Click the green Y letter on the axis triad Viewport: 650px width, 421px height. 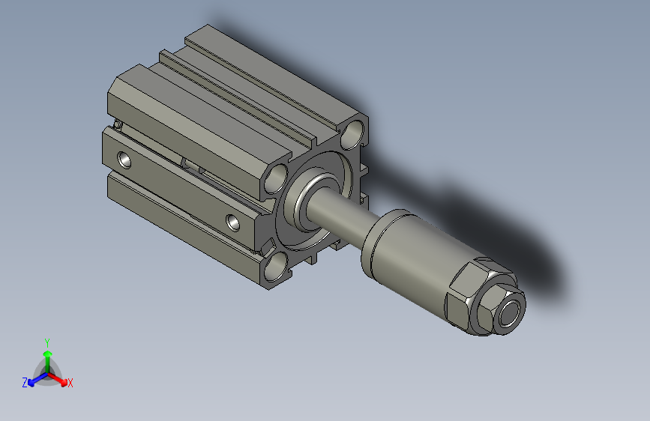[47, 342]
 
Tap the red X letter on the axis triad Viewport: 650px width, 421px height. [70, 383]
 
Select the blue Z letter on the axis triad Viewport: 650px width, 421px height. [25, 383]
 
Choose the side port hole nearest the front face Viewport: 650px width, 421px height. [235, 221]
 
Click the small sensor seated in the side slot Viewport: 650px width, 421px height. [191, 164]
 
